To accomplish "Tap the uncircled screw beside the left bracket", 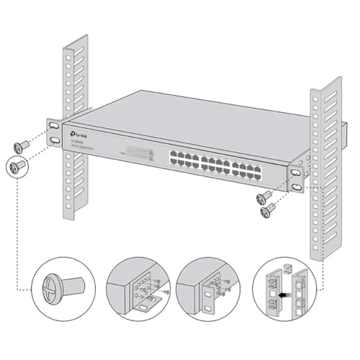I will click(x=22, y=145).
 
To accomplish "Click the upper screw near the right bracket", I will click(x=264, y=196).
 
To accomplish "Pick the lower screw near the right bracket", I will click(x=269, y=210).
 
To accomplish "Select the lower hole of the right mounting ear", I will click(x=297, y=186).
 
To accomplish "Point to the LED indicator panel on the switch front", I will click(x=137, y=153).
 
